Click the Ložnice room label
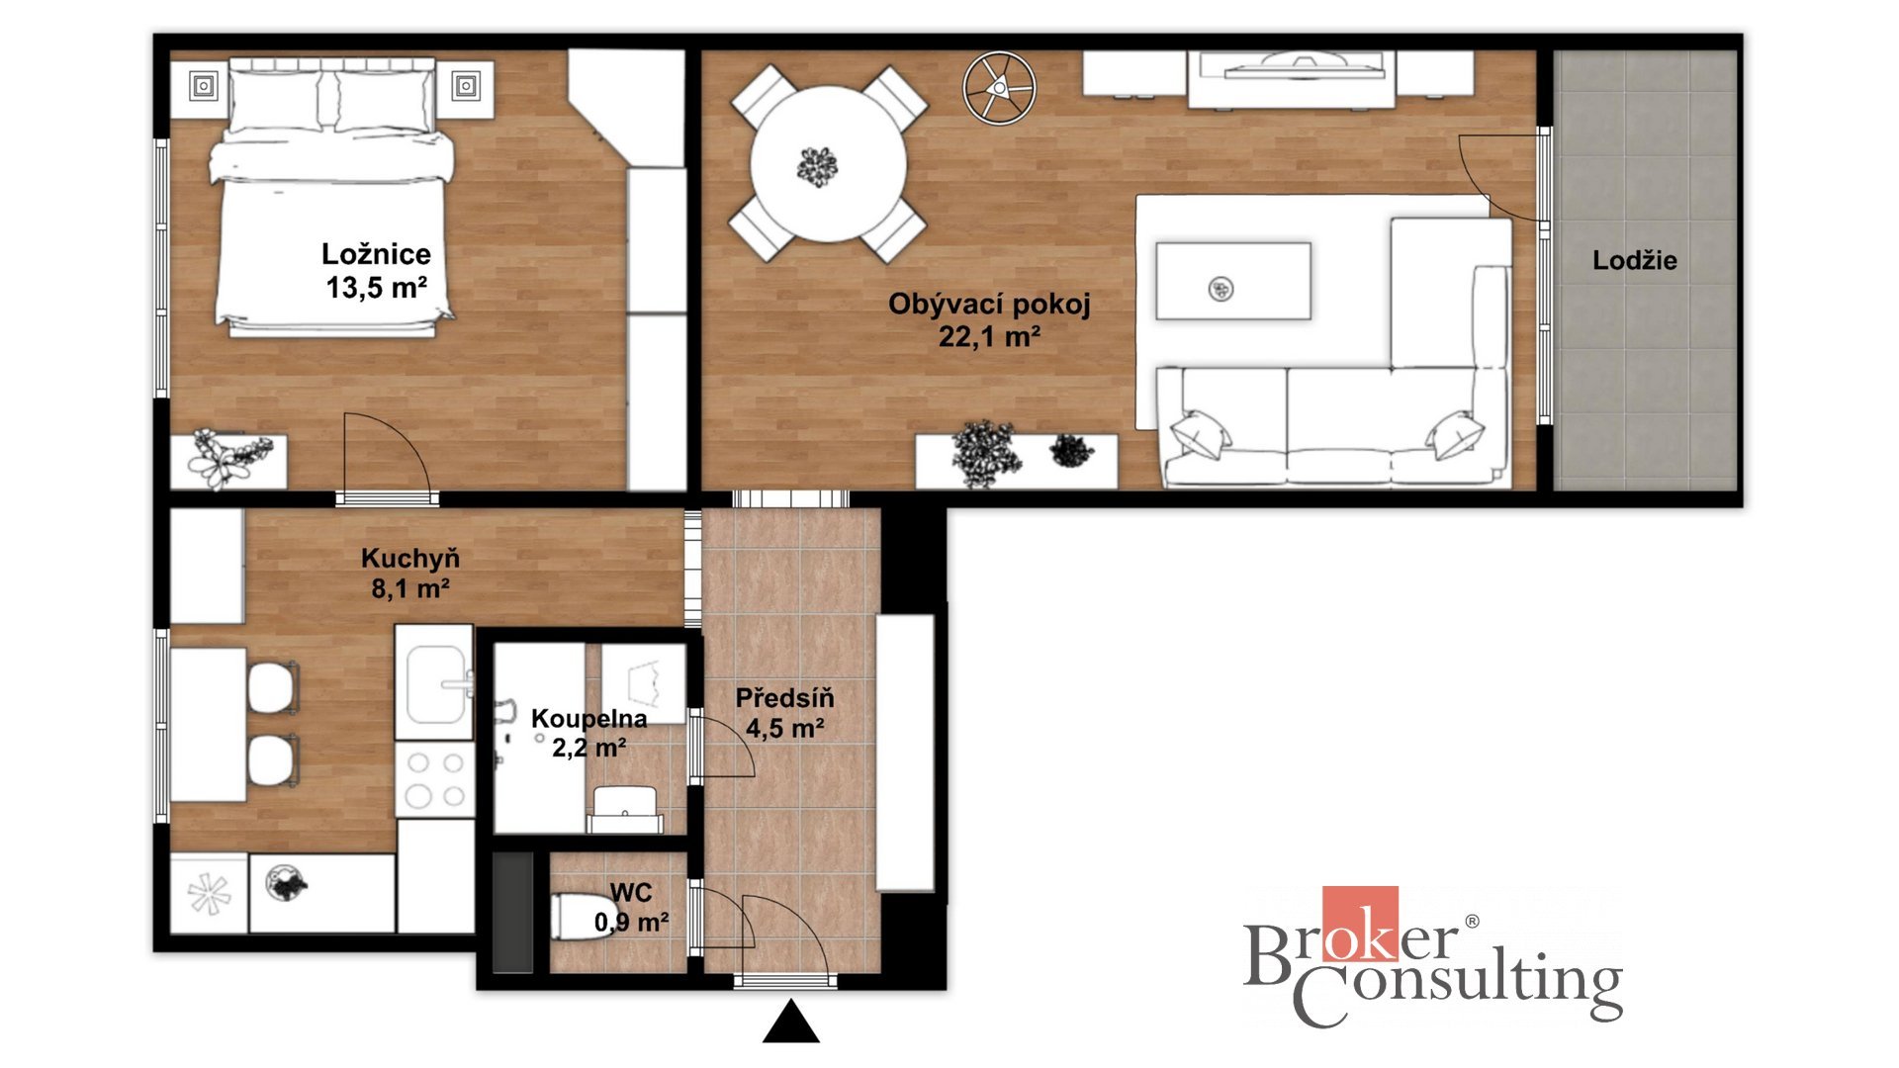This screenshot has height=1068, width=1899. point(376,254)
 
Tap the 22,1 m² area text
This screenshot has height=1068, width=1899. point(989,337)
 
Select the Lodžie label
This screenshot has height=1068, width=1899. point(1634,261)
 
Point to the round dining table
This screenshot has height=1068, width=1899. point(828,164)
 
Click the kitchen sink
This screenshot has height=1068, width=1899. point(435,683)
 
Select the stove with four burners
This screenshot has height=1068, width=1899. point(435,779)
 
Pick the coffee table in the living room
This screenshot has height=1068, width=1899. point(1233,282)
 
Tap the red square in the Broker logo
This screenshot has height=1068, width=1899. point(1360,924)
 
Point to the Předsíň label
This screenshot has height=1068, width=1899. point(784,698)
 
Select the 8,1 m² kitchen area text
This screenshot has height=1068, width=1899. point(410,589)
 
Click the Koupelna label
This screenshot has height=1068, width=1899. point(589,719)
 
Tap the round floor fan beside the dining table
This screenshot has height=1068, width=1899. point(999,88)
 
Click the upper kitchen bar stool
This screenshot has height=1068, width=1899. point(273,686)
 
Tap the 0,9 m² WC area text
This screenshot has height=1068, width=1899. point(631,923)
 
